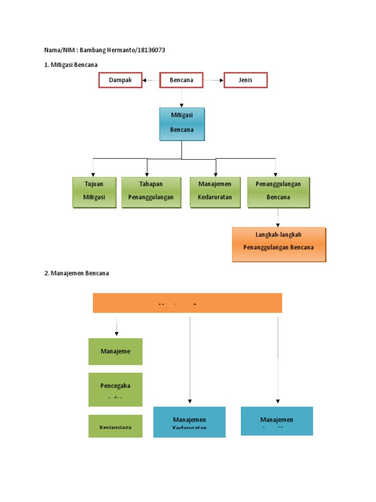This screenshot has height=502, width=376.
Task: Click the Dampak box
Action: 120,80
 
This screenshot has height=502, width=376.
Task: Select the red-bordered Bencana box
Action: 181,80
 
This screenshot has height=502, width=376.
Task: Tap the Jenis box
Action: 246,80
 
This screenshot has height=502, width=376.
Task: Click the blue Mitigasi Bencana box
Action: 182,124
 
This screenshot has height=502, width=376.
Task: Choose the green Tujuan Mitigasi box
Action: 94,192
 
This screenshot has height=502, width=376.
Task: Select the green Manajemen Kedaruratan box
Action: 215,192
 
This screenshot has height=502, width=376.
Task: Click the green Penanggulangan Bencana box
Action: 278,192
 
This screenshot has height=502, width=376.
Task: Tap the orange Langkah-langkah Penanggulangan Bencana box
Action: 279,244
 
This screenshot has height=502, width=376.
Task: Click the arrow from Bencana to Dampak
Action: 151,80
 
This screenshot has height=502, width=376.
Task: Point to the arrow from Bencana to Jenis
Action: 213,80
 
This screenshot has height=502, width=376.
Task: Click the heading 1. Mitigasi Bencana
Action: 71,65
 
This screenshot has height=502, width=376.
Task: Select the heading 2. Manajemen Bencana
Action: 76,273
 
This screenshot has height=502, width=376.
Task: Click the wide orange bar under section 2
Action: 188,302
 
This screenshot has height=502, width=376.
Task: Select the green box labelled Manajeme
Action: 116,351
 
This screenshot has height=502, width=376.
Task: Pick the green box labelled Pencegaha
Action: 116,389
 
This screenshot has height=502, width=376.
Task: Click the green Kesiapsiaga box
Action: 116,426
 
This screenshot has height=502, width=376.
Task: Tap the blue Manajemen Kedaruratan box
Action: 189,422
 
